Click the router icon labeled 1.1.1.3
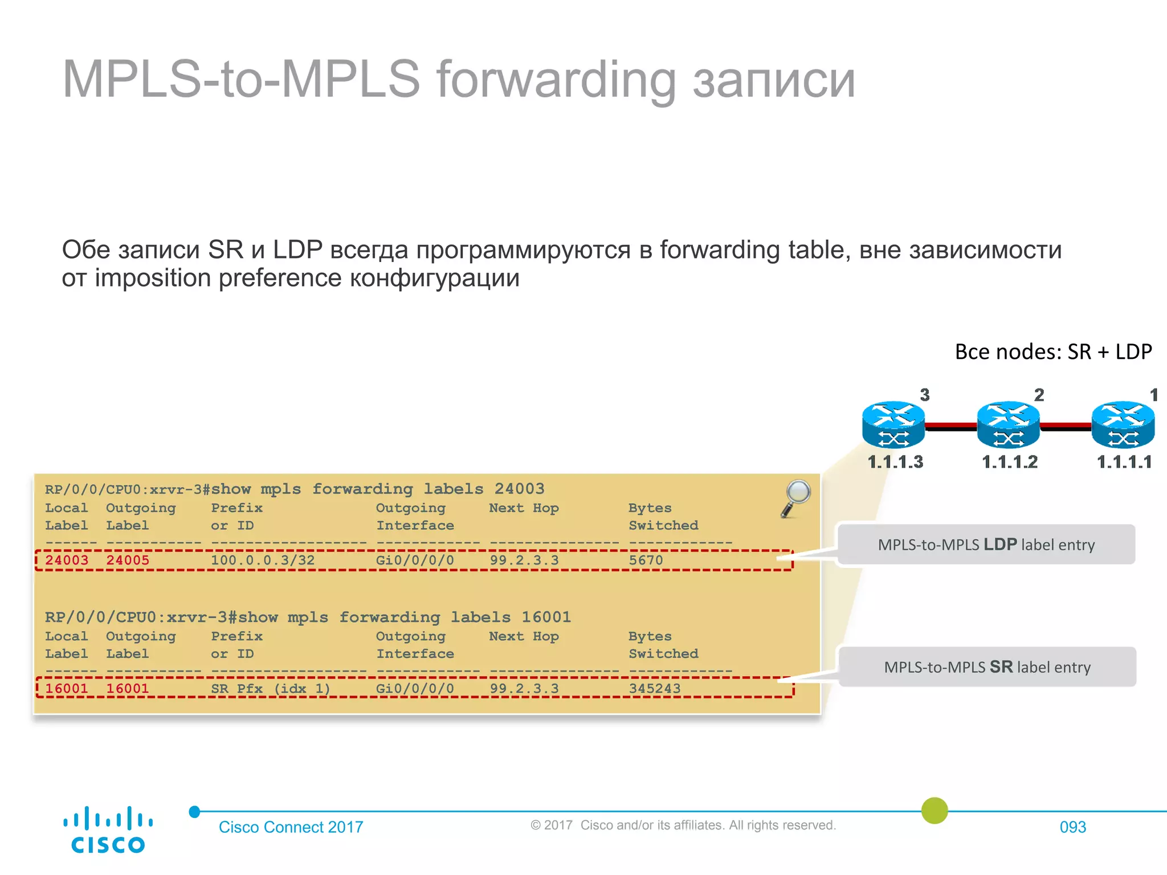893,425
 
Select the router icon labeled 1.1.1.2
1008,425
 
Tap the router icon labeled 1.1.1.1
1123,425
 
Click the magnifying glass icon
796,497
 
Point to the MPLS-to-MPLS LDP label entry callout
986,545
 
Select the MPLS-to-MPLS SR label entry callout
987,667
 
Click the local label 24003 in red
67,560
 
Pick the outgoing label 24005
128,560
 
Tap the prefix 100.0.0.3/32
263,560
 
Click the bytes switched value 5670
646,560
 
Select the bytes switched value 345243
654,688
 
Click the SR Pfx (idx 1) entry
271,688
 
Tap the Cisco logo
108,829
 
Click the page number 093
1072,827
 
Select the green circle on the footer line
935,810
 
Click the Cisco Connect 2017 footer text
291,827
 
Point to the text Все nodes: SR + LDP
1053,351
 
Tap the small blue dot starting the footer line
195,812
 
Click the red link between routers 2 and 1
1066,425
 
